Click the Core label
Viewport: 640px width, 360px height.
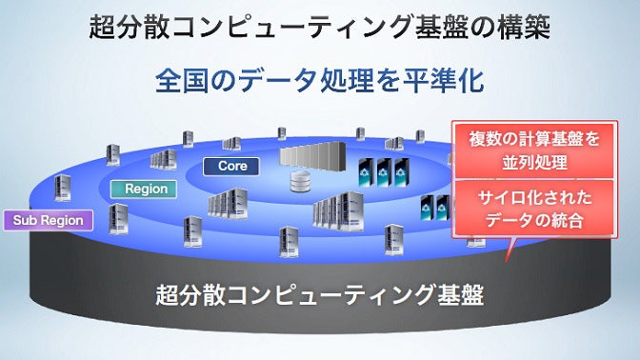pos(232,166)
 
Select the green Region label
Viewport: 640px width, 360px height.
pos(146,189)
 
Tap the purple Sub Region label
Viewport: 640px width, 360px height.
pos(49,221)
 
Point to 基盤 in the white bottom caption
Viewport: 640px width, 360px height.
pos(458,294)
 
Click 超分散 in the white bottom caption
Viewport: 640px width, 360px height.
pos(190,294)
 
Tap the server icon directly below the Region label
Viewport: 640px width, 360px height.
pos(118,218)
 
